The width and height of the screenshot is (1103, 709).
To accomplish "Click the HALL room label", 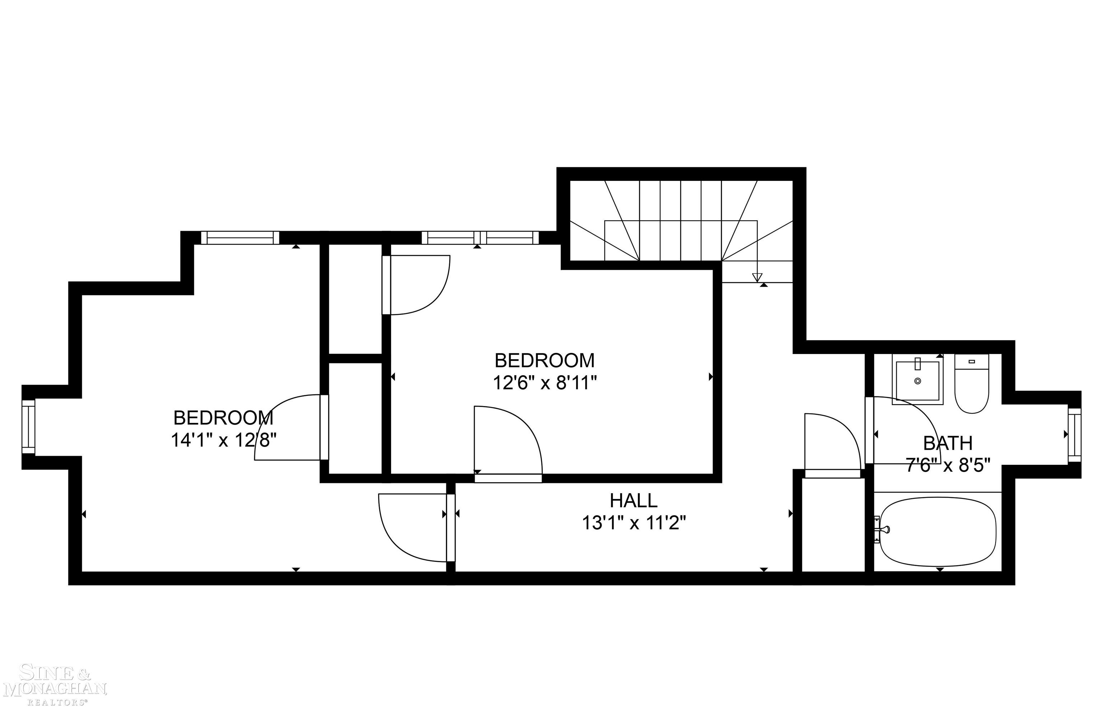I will pos(633,500).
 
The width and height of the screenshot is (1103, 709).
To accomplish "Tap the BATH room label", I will pos(948,443).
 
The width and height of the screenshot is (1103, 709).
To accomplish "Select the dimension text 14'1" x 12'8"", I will pos(223,440).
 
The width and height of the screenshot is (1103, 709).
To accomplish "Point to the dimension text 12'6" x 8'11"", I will pos(545,383).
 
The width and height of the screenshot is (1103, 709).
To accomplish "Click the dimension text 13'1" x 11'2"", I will pos(634,523).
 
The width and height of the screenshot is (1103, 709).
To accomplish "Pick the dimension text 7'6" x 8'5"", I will pos(948,466).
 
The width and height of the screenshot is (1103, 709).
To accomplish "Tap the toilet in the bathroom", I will pos(971,385).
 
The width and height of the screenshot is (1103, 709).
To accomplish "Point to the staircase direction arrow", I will pos(757,277).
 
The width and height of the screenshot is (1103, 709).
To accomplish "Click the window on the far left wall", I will pos(28,427).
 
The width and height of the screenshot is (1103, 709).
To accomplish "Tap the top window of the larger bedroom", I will pos(240,238).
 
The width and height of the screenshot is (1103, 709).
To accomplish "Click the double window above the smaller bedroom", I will pos(480,238).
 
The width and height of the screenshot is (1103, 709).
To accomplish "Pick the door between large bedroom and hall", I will pos(450,528).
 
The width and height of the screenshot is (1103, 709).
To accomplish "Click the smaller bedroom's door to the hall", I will pos(508,478).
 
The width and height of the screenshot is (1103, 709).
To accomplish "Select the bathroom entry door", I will pos(870,430).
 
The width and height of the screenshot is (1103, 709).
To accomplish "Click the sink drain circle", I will pos(917,381).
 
